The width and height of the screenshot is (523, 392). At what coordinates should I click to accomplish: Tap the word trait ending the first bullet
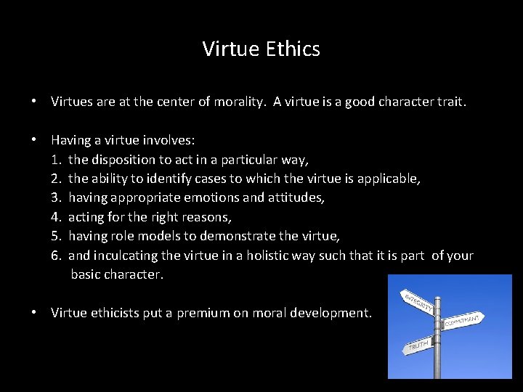pos(448,102)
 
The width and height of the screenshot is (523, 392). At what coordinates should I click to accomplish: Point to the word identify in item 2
pos(170,179)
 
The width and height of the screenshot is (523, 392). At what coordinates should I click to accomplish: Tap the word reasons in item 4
pos(208,217)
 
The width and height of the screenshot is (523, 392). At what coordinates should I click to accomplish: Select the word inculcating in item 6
pos(129,256)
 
